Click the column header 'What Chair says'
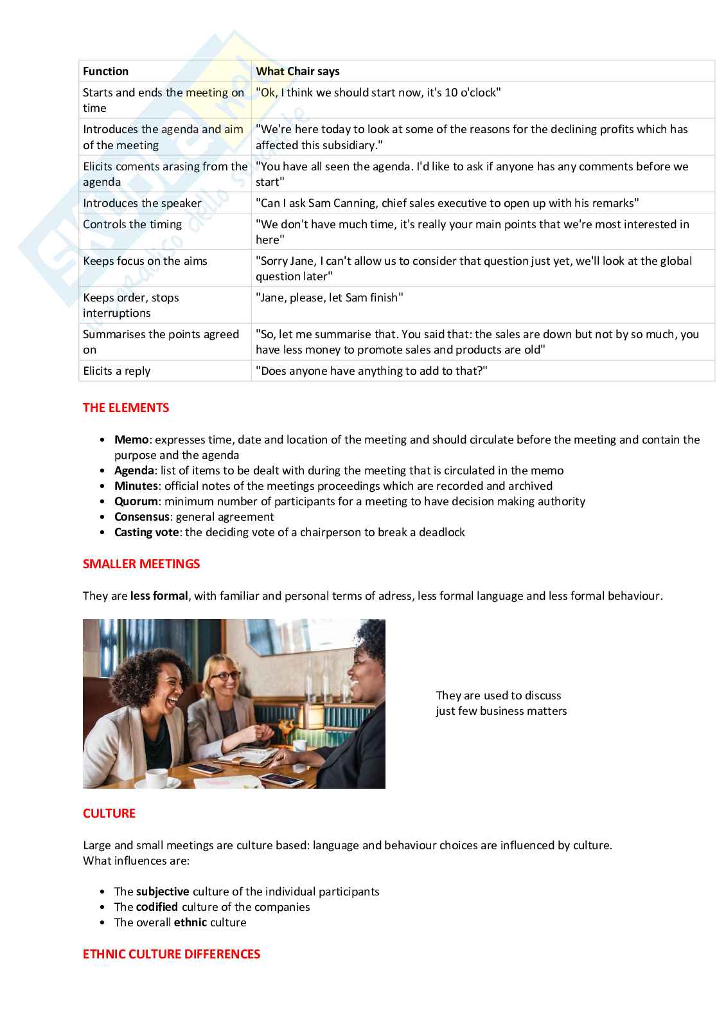pyautogui.click(x=297, y=71)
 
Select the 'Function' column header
pyautogui.click(x=105, y=71)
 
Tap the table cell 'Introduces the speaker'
pyautogui.click(x=142, y=203)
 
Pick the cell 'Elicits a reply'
pyautogui.click(x=116, y=371)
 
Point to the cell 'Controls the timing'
pyautogui.click(x=132, y=224)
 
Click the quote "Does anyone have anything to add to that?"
pyautogui.click(x=371, y=371)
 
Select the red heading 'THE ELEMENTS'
pyautogui.click(x=126, y=408)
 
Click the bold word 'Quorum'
pyautogui.click(x=136, y=501)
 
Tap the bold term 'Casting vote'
pyautogui.click(x=146, y=532)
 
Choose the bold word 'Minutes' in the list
pyautogui.click(x=136, y=486)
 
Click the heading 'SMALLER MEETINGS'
pyautogui.click(x=141, y=564)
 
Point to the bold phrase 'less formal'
pyautogui.click(x=159, y=596)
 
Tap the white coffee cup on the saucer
pyautogui.click(x=156, y=777)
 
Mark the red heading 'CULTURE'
pyautogui.click(x=109, y=813)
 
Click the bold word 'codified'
pyautogui.click(x=157, y=907)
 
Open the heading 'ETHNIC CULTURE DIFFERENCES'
pyautogui.click(x=172, y=954)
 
